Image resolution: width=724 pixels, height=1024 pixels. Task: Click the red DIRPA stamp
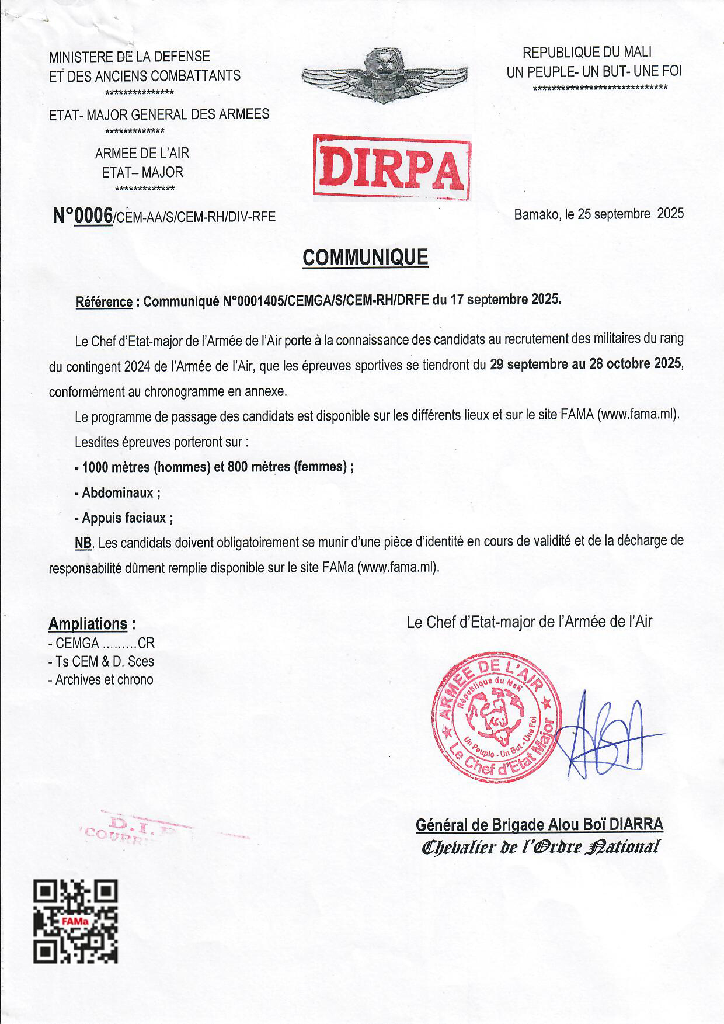point(392,168)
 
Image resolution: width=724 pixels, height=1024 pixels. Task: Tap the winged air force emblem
point(384,76)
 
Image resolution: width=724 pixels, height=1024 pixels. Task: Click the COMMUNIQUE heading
point(365,257)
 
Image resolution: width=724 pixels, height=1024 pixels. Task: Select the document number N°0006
point(83,216)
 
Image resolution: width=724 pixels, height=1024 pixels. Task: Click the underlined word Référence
point(104,302)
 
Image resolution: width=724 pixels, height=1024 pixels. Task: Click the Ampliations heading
point(88,624)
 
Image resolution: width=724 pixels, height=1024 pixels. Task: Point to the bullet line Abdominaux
point(118,492)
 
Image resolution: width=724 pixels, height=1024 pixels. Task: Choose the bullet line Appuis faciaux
point(124,518)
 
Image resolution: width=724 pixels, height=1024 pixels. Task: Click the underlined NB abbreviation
point(83,543)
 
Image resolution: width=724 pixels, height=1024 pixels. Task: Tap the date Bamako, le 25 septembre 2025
point(598,214)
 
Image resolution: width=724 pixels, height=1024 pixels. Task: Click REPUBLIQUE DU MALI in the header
point(587,53)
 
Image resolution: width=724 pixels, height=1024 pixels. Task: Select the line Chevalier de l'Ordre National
point(540,846)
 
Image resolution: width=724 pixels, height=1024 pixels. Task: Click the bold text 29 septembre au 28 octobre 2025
point(585,364)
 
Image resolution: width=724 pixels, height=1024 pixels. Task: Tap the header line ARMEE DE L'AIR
point(142,153)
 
